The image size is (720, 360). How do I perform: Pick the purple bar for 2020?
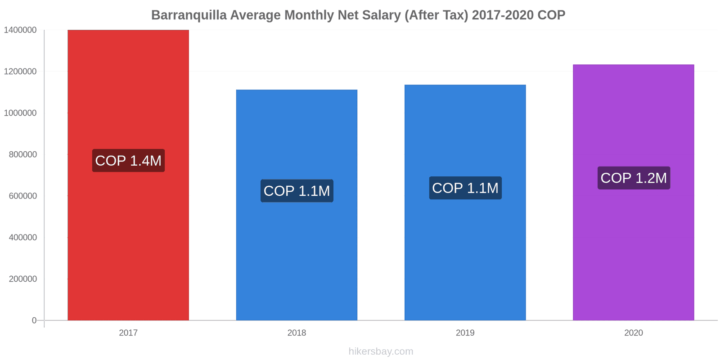click(633, 252)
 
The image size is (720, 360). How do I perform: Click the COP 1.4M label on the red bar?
click(128, 161)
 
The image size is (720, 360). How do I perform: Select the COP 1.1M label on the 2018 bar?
click(297, 191)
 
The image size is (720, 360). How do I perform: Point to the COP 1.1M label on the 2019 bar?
click(465, 188)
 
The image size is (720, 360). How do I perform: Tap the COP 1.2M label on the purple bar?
click(633, 178)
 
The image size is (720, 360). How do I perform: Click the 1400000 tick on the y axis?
click(20, 30)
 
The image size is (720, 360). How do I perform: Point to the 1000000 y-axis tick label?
click(20, 113)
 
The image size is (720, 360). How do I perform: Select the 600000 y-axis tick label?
click(23, 196)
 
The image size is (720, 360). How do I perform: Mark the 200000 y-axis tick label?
click(23, 279)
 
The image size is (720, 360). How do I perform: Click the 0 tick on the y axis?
click(34, 320)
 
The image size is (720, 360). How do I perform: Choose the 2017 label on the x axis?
click(128, 333)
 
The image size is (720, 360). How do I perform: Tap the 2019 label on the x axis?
click(465, 333)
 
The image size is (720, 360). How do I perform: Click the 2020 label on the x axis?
click(633, 333)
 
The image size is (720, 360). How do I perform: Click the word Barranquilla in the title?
click(189, 15)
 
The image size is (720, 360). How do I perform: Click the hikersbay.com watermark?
click(381, 351)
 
